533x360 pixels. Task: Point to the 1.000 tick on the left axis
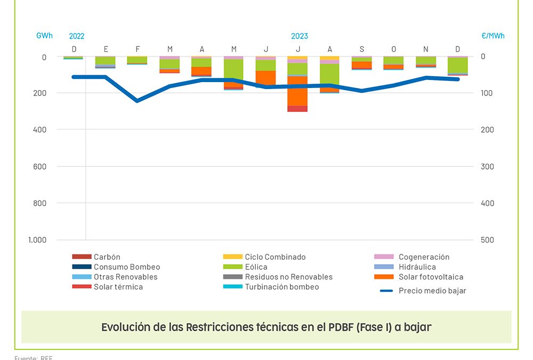point(37,240)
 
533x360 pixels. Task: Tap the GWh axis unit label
point(44,36)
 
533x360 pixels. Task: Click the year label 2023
point(299,36)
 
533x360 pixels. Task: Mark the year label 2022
point(77,36)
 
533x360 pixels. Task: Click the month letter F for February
point(138,49)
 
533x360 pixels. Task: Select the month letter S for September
point(362,49)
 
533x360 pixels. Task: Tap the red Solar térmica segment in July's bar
point(297,109)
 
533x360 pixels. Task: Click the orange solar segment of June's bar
point(265,77)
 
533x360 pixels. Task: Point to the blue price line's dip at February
point(138,100)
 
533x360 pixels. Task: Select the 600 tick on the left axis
point(40,166)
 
